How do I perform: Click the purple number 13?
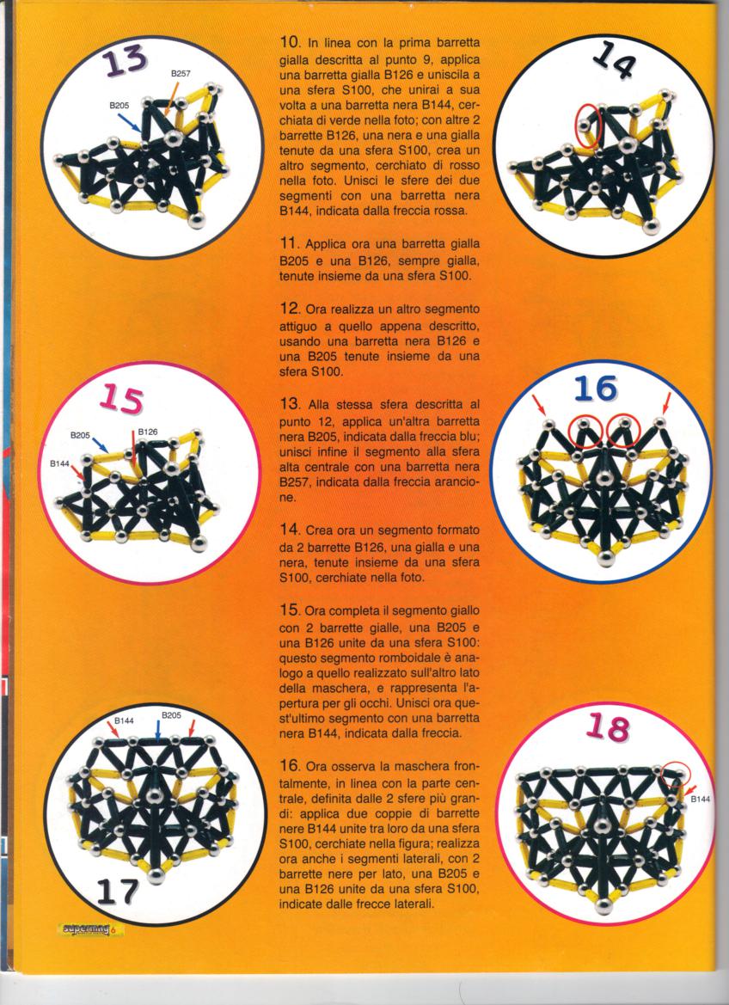pyautogui.click(x=126, y=62)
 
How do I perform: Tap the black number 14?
pyautogui.click(x=614, y=62)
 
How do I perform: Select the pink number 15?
pyautogui.click(x=121, y=399)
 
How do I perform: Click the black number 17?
pyautogui.click(x=119, y=890)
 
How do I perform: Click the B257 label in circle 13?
pyautogui.click(x=181, y=74)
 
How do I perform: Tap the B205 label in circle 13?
pyautogui.click(x=119, y=106)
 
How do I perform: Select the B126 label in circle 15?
pyautogui.click(x=148, y=432)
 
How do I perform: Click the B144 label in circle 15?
pyautogui.click(x=60, y=463)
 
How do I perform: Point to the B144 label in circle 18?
pyautogui.click(x=701, y=800)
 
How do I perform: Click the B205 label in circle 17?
pyautogui.click(x=172, y=714)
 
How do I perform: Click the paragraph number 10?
pyautogui.click(x=290, y=44)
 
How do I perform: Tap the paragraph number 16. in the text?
pyautogui.click(x=291, y=765)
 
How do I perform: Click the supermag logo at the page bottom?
pyautogui.click(x=90, y=929)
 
